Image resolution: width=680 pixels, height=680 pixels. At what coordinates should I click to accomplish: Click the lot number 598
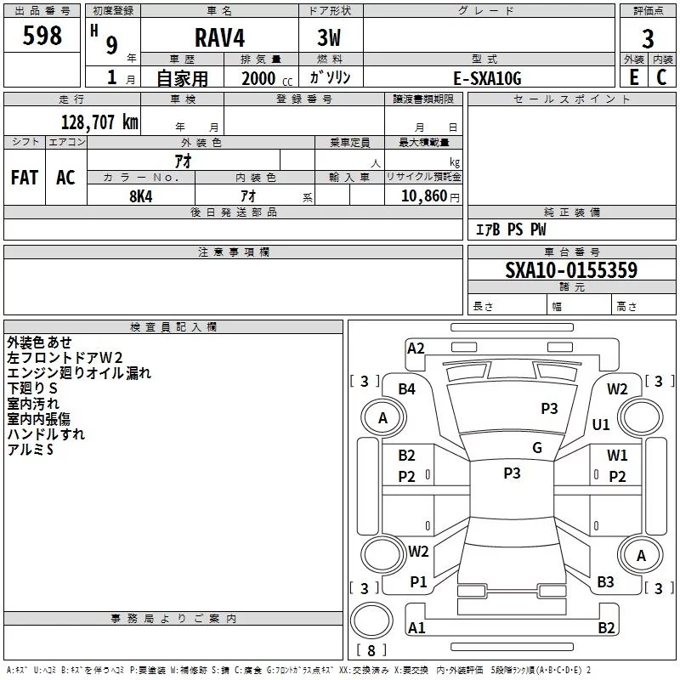point(42,36)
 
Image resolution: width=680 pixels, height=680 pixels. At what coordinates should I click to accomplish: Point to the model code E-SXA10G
point(487,78)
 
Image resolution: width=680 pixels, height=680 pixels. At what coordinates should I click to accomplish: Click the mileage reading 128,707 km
point(99,122)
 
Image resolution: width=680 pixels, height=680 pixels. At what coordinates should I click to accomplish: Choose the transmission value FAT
point(25,177)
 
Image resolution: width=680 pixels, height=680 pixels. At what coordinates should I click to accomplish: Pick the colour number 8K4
point(141,195)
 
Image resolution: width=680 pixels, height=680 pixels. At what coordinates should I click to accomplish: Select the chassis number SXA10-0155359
point(571,270)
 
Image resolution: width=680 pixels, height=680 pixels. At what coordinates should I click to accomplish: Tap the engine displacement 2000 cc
point(264,78)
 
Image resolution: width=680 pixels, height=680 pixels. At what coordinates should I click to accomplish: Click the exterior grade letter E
point(633,77)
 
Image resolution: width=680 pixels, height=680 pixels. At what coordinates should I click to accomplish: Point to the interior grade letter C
point(661,77)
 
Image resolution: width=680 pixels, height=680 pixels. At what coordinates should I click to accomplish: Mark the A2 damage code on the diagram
point(416,348)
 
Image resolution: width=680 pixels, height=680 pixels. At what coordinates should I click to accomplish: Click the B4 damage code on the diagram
point(407,388)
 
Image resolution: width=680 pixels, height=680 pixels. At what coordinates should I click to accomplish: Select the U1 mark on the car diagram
point(601,424)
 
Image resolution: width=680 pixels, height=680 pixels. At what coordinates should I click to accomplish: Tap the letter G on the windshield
point(536,447)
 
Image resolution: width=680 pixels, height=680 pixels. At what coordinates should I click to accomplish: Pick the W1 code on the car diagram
point(617,456)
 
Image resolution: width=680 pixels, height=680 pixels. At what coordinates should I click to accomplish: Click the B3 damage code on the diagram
point(605,582)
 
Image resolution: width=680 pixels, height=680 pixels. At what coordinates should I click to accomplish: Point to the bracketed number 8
point(371,651)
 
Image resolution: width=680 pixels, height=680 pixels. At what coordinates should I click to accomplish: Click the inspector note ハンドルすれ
point(46,434)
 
